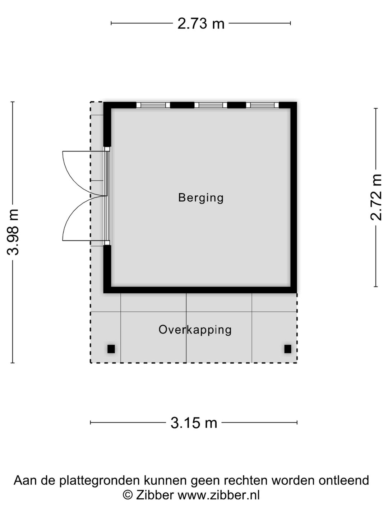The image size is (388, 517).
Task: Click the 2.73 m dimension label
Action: (201, 24)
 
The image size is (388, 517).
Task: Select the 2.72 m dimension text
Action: (376, 197)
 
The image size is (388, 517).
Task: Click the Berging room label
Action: (201, 197)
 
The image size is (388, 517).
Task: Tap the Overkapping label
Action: (195, 330)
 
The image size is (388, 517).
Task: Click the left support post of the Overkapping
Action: (111, 349)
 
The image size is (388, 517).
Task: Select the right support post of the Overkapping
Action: (288, 349)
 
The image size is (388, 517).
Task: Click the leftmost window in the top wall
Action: (153, 105)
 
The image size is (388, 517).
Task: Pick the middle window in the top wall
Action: (211, 105)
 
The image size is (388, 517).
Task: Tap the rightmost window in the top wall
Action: (262, 105)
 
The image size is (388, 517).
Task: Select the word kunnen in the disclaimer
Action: (166, 481)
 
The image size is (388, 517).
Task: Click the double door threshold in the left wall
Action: (107, 196)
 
